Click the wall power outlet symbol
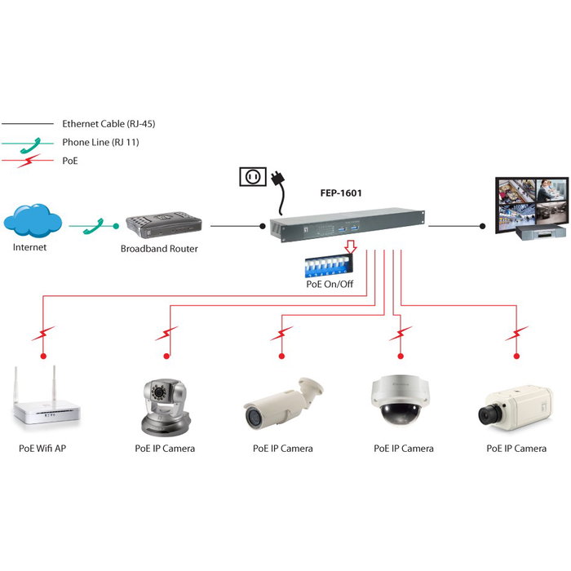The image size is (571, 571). tap(252, 176)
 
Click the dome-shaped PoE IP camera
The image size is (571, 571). tap(400, 401)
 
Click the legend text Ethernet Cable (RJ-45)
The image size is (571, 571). tap(108, 124)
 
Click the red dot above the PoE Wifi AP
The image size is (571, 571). tap(44, 356)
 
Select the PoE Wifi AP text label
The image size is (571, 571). tap(42, 448)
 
